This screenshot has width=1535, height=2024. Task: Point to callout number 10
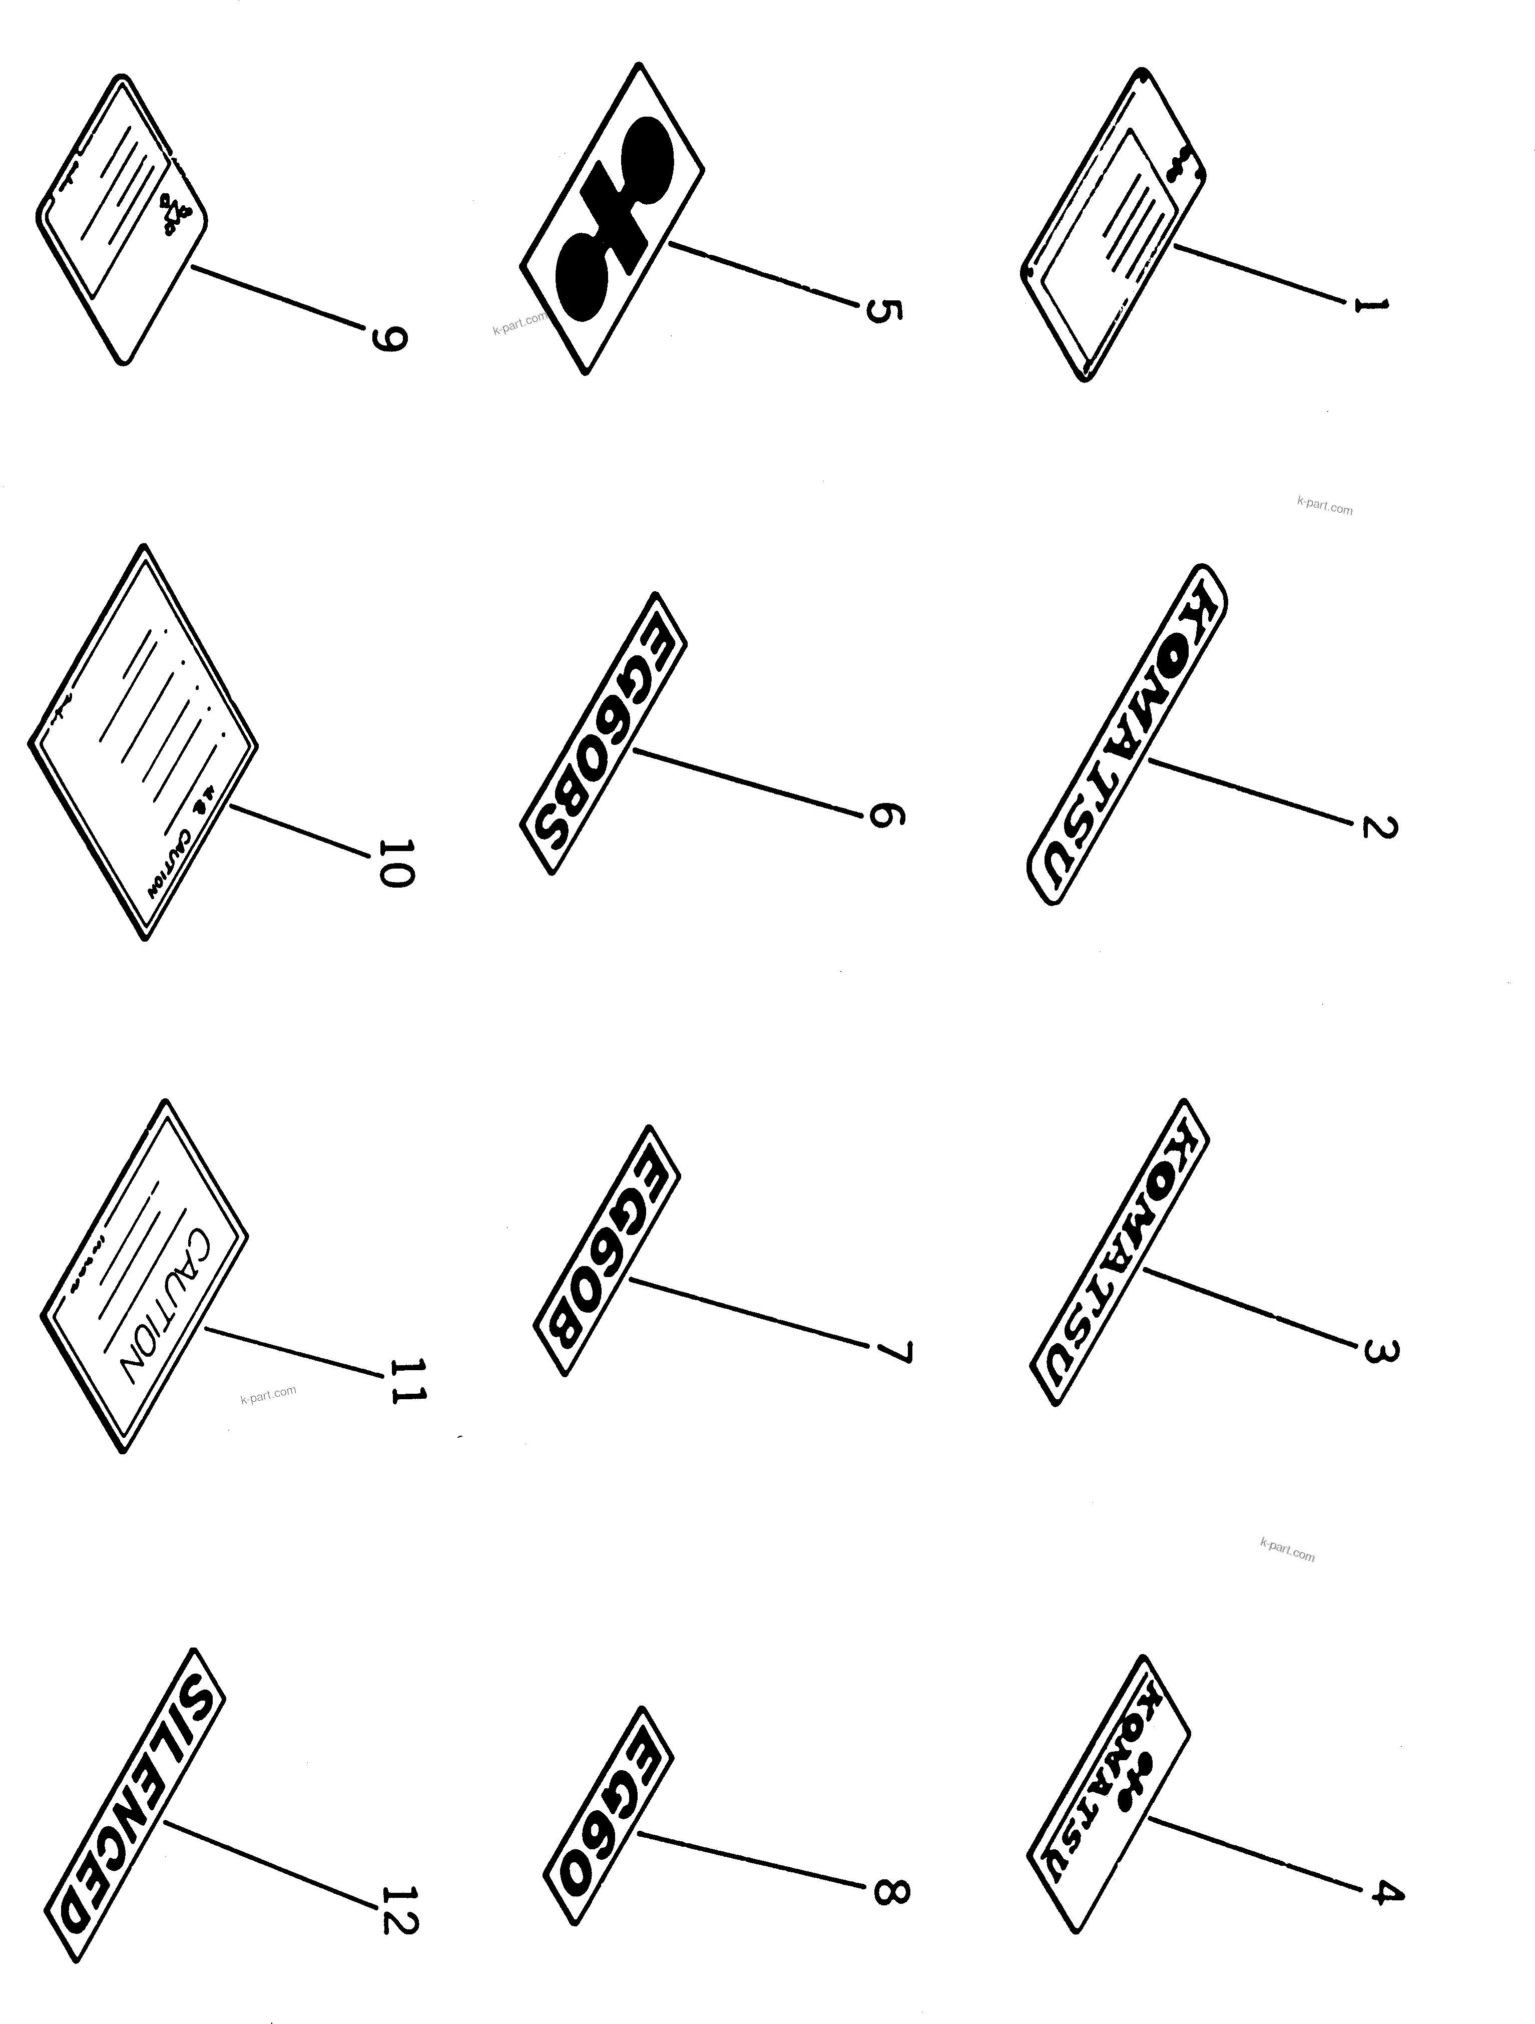tap(395, 863)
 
